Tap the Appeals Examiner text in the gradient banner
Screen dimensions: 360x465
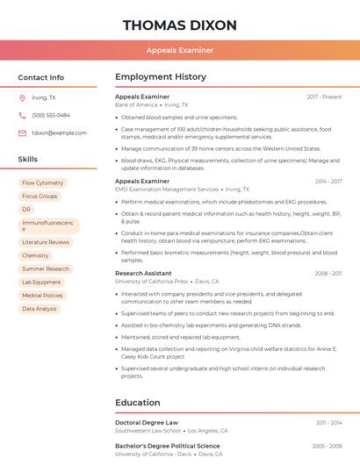(x=179, y=50)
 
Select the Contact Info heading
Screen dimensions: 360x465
(x=41, y=77)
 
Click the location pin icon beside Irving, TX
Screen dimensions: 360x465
(x=22, y=97)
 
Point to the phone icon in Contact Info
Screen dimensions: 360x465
(x=22, y=115)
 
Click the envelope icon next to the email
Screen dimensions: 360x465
(x=22, y=132)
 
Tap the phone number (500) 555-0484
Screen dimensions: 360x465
(x=51, y=115)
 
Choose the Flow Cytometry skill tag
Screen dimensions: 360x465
(x=43, y=182)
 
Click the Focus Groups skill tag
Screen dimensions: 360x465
(x=40, y=196)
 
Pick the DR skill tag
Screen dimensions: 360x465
(x=26, y=210)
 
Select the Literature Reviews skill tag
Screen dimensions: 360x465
(x=46, y=241)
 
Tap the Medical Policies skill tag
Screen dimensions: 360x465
(x=42, y=296)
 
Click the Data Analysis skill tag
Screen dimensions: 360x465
(x=40, y=309)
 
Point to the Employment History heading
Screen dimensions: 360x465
(x=161, y=77)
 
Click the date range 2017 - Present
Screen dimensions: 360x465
(x=324, y=97)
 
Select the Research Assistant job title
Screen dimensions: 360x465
(x=143, y=273)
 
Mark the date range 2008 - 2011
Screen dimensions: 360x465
(x=328, y=273)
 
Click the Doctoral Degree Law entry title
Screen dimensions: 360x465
(x=147, y=422)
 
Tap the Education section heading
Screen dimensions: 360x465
(x=137, y=403)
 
